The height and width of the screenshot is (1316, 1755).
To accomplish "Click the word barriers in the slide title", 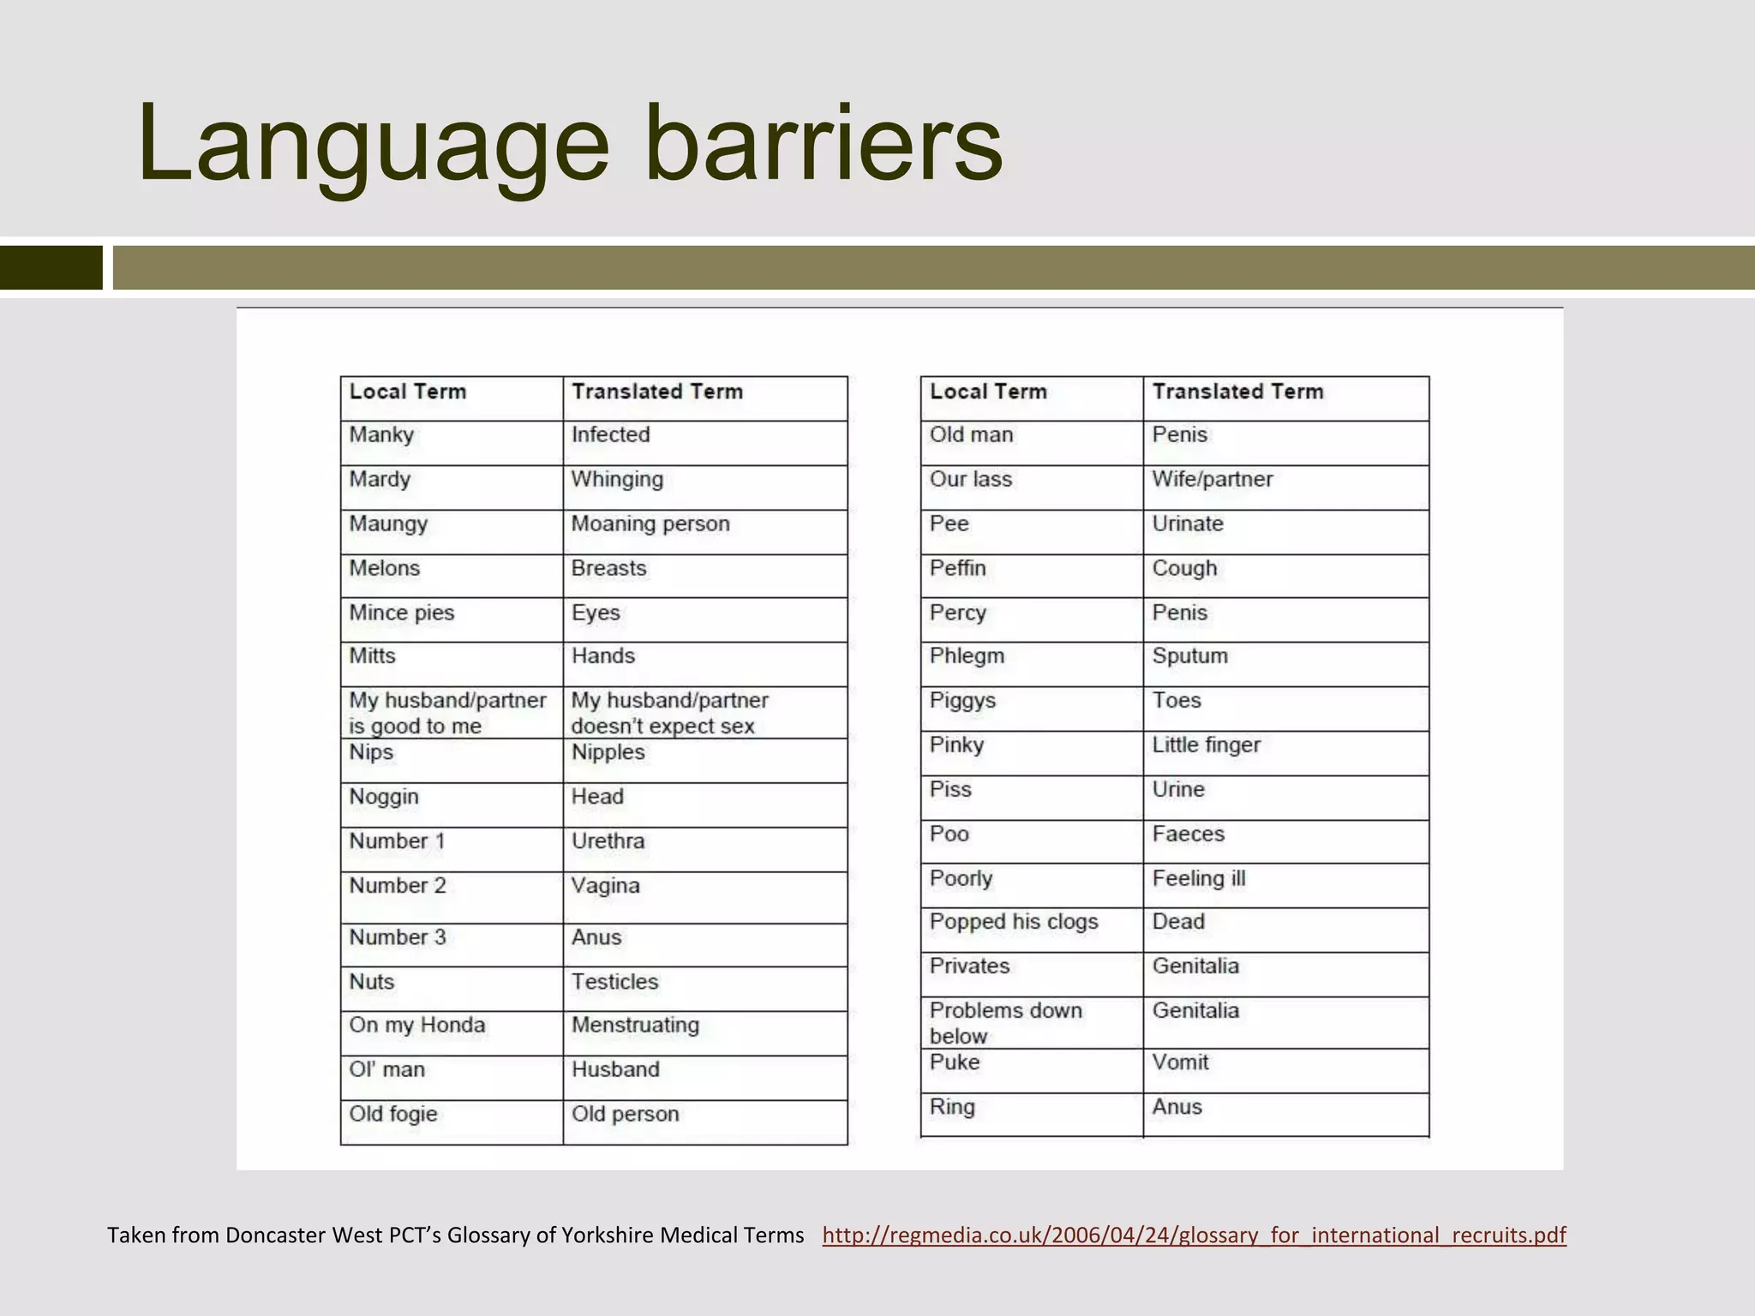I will click(823, 144).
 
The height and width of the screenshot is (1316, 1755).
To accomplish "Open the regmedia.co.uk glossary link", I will click(1194, 1235).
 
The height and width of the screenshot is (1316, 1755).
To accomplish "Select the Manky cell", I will click(382, 435).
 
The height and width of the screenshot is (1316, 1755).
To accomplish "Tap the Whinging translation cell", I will click(617, 480).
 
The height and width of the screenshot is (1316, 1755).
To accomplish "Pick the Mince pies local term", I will click(402, 613).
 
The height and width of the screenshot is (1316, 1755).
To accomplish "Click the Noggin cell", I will click(384, 797).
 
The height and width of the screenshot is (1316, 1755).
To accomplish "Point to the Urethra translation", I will click(608, 841).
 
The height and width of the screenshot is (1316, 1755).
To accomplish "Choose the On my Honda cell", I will click(417, 1026).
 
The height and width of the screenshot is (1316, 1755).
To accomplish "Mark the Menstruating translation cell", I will click(635, 1026).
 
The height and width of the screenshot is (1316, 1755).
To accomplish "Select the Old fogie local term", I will click(393, 1115).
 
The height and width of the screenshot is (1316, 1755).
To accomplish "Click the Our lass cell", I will click(971, 480).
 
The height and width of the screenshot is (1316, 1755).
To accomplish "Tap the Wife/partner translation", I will click(1213, 480).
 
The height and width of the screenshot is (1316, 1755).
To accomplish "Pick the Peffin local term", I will click(958, 569).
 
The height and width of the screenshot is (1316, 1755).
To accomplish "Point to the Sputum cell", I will click(1189, 656).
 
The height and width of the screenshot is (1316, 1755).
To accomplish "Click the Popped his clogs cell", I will click(1014, 922).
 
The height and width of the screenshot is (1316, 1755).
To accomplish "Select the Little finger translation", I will click(1206, 745).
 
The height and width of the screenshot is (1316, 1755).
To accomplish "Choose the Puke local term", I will click(955, 1062).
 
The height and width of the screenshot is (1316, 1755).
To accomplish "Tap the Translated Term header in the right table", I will click(1237, 392).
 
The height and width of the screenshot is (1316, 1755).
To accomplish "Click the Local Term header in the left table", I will click(408, 392).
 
